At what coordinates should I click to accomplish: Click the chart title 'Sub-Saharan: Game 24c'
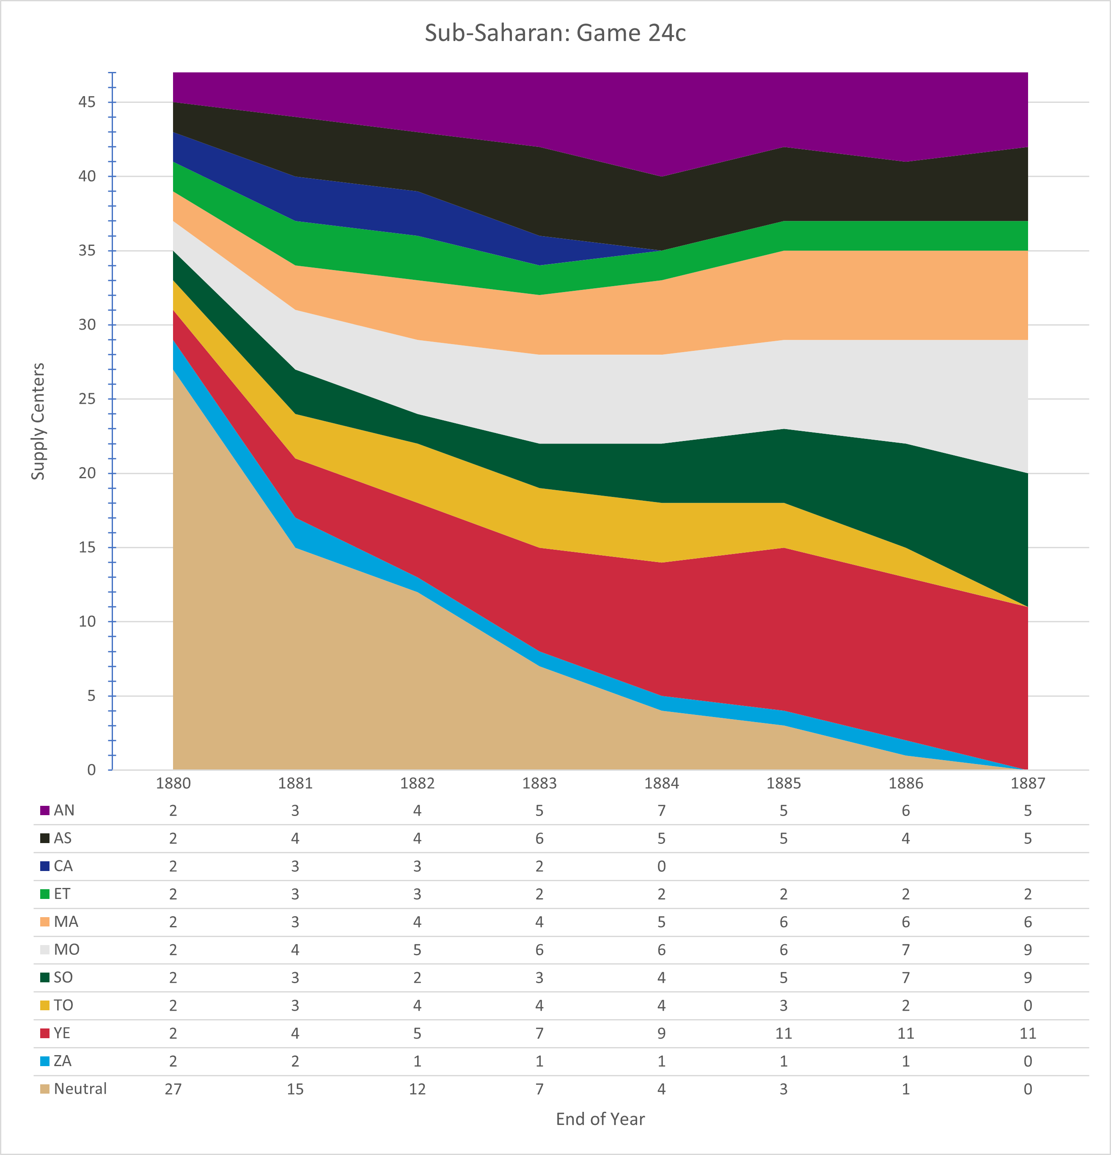point(555,33)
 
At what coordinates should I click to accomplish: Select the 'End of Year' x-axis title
point(600,1119)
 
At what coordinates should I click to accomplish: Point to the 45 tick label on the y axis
point(87,102)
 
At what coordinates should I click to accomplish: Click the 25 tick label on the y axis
point(87,399)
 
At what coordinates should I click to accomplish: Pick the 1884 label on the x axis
point(662,783)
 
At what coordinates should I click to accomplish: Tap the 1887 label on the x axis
point(1028,783)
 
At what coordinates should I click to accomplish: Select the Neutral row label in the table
point(80,1089)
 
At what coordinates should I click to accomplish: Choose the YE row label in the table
point(62,1033)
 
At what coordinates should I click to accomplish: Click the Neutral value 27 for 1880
point(173,1089)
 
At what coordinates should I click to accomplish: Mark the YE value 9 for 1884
point(662,1033)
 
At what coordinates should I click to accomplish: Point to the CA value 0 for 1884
point(662,866)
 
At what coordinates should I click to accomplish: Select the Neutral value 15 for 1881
point(295,1089)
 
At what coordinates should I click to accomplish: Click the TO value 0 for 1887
point(1028,1005)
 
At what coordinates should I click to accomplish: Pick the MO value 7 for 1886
point(906,949)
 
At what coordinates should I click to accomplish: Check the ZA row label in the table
point(63,1061)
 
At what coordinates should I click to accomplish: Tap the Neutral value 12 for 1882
point(417,1089)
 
